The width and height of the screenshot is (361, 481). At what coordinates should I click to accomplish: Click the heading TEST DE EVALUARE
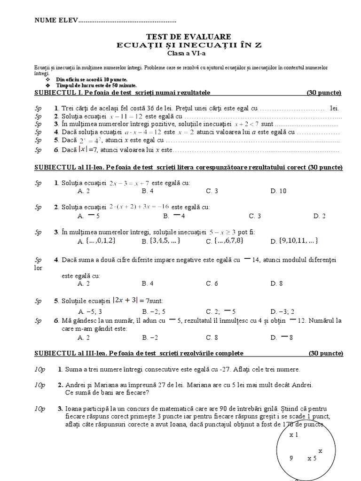(x=182, y=36)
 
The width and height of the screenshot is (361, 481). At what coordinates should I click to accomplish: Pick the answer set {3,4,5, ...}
(x=161, y=241)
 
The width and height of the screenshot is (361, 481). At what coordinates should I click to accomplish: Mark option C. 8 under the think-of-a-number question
(x=212, y=337)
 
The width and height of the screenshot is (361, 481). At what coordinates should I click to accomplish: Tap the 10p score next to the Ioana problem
(x=39, y=408)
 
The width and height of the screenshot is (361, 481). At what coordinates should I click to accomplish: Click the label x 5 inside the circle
(x=312, y=458)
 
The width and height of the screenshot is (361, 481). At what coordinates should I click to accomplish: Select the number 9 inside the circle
(x=291, y=458)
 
